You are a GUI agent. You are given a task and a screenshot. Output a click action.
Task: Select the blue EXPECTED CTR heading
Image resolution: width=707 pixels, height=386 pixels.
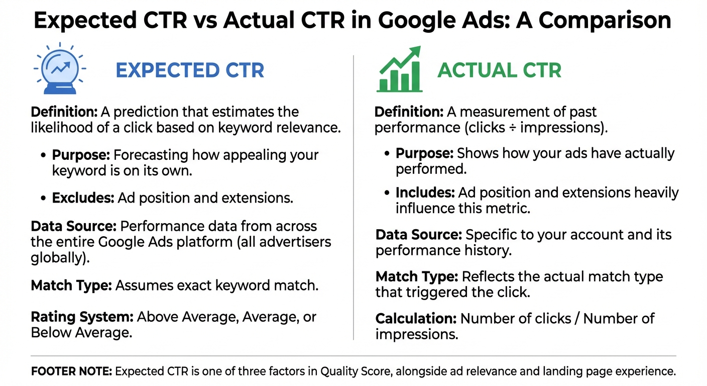point(190,70)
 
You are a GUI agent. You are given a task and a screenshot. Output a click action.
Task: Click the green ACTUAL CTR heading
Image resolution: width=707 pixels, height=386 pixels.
point(499,70)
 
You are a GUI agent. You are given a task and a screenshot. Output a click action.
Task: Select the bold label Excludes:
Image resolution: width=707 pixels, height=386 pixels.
point(83,198)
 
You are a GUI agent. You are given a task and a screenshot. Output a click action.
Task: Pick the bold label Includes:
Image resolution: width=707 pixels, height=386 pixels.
point(425,192)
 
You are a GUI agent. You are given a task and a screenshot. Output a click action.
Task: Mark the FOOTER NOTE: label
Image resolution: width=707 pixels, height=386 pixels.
point(71,372)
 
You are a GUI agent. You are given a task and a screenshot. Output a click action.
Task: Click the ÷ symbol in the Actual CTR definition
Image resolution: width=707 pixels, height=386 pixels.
point(513,128)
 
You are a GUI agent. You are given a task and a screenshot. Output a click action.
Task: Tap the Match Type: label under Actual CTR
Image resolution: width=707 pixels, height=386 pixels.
point(416,276)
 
